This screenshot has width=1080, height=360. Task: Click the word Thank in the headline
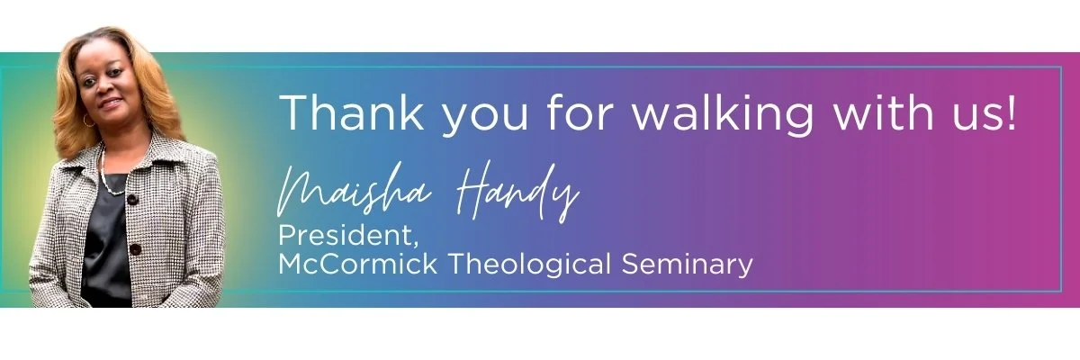click(x=352, y=112)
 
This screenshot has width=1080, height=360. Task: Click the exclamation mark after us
click(x=1011, y=112)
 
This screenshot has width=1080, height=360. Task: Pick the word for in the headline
click(x=581, y=112)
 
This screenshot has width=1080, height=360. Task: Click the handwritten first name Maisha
click(x=355, y=189)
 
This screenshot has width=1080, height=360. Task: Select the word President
click(x=348, y=235)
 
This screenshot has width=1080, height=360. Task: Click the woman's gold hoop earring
click(x=89, y=121)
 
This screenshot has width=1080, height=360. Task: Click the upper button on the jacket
click(x=132, y=199)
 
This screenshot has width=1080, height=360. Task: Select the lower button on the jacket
click(x=136, y=249)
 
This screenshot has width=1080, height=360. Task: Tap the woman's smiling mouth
click(x=111, y=103)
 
